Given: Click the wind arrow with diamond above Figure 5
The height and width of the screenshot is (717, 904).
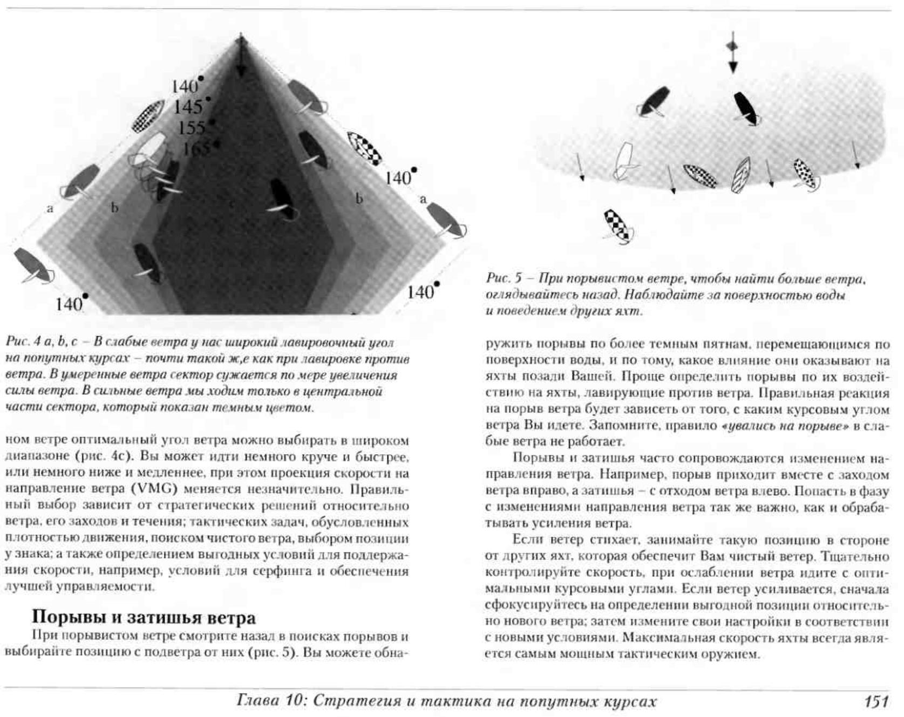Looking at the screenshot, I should (x=732, y=52).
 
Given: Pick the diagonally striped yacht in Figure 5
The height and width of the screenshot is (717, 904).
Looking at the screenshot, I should (x=740, y=175).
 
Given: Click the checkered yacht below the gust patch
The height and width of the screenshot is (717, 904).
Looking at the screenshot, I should (x=618, y=226).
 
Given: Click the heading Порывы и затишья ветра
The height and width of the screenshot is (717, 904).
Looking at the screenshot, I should (x=144, y=617).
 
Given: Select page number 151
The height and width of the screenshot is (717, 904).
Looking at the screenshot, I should (x=876, y=701).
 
